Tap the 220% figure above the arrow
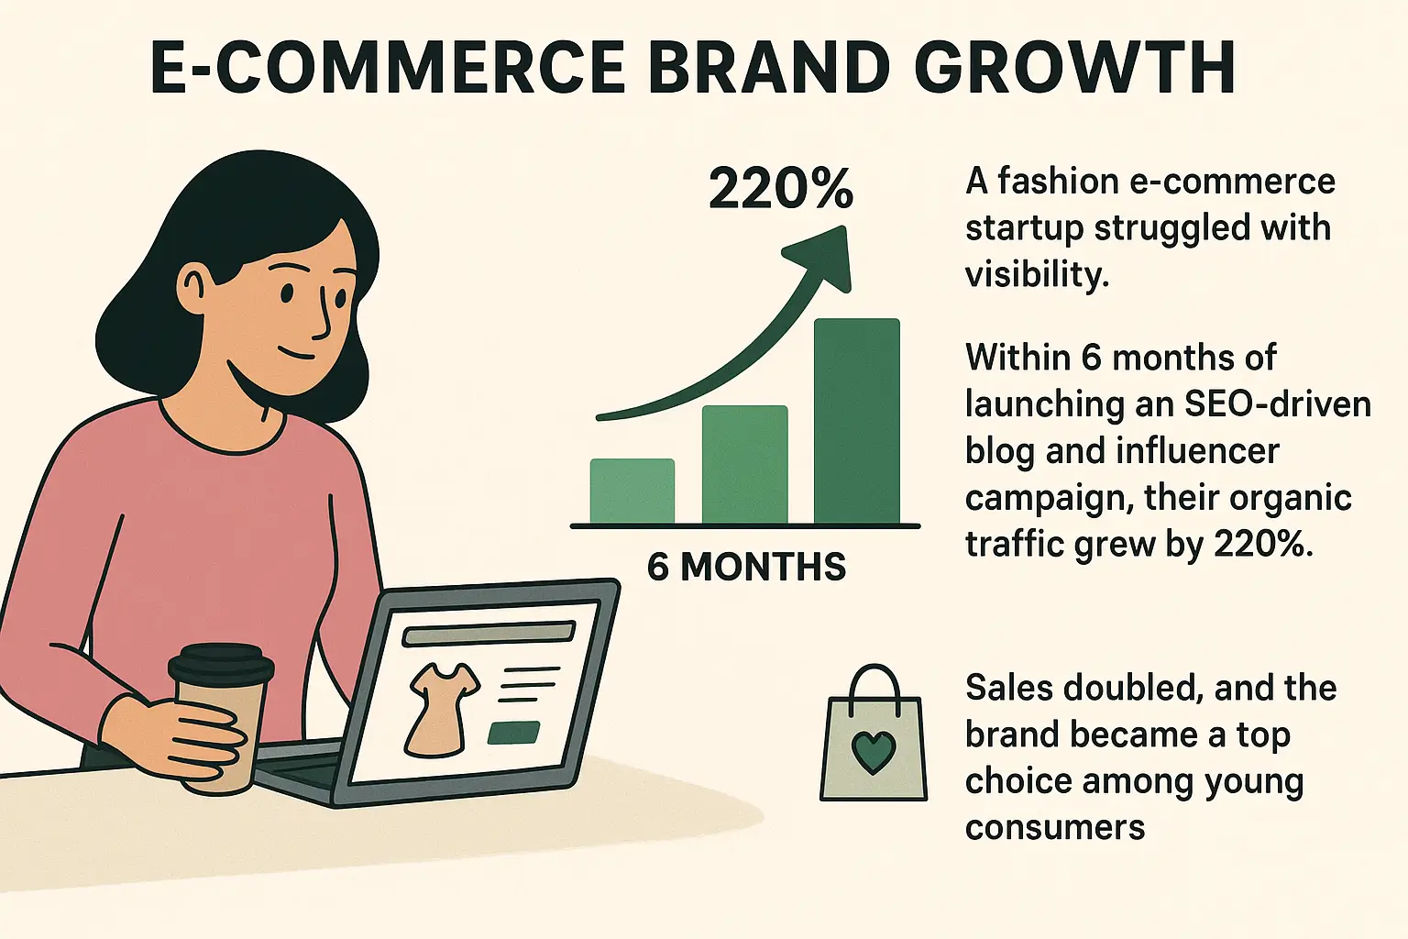(x=781, y=188)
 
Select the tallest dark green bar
(x=857, y=421)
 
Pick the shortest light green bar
(x=632, y=492)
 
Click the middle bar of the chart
(x=745, y=465)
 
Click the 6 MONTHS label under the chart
(x=746, y=567)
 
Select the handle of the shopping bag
(x=874, y=686)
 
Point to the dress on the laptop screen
(x=443, y=708)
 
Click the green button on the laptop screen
(x=513, y=733)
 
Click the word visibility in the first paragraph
(x=1037, y=274)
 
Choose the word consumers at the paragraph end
(x=1055, y=828)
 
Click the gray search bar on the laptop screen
(x=489, y=634)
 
